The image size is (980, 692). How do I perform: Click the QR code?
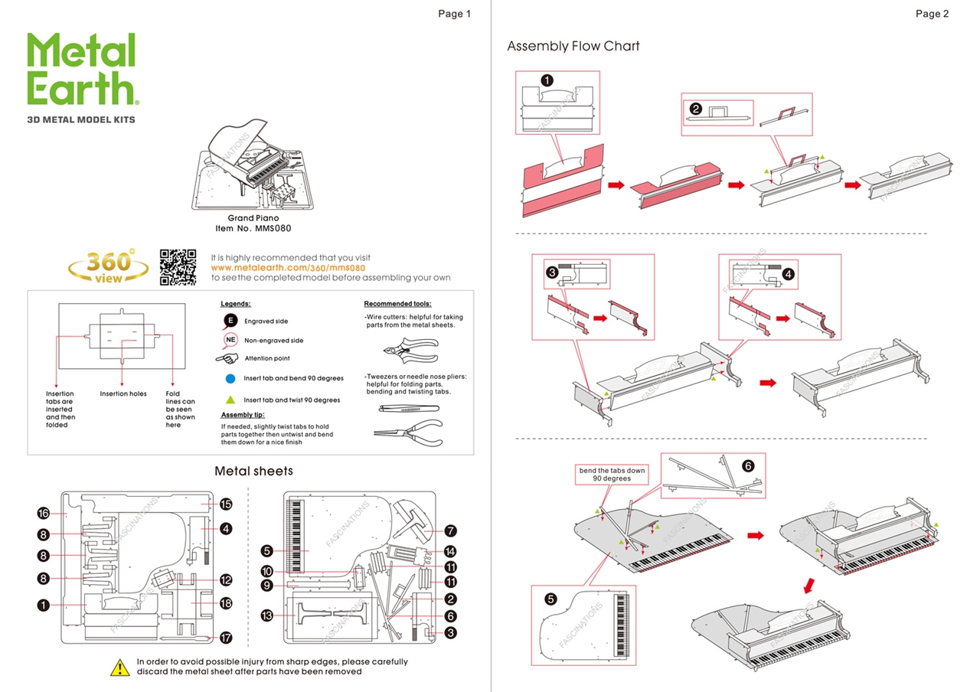point(178,267)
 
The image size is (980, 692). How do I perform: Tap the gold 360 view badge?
point(109,266)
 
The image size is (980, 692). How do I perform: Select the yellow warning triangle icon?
point(120,667)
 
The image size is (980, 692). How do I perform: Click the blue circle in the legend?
point(230,378)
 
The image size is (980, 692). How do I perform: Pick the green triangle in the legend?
point(230,400)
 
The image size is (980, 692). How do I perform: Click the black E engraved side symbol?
point(230,321)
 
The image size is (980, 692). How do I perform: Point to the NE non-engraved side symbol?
point(230,340)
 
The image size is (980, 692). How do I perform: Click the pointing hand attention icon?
point(227,358)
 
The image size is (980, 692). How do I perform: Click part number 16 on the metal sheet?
point(44,513)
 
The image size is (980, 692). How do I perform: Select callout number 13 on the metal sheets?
point(267,615)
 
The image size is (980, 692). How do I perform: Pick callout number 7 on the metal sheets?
point(450,530)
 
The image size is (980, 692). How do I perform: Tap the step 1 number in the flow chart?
point(547,80)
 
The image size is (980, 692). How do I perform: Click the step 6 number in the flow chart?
point(748,465)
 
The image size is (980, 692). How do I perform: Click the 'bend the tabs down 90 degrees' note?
point(612,475)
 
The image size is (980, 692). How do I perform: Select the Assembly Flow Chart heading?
point(573,46)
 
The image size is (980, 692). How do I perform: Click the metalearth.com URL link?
point(288,268)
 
